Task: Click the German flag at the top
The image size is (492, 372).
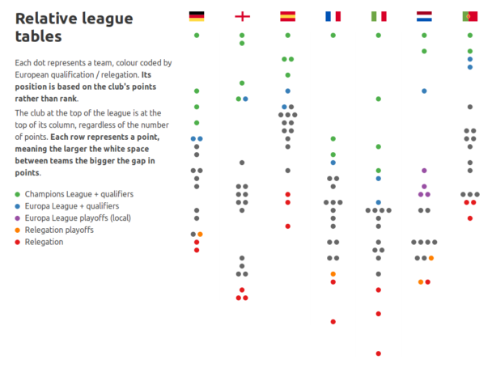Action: point(197,15)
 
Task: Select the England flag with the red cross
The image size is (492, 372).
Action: point(242,15)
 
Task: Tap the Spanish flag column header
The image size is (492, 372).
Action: point(287,15)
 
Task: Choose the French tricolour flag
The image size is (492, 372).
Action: point(333,15)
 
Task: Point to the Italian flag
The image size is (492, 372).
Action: point(378,15)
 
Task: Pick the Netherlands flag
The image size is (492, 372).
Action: point(424,15)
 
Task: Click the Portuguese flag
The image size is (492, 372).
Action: point(469,15)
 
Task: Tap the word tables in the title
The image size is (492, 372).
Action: point(38,36)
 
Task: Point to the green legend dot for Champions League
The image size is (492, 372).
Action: point(18,194)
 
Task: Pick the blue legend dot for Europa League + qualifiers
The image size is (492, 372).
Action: point(18,206)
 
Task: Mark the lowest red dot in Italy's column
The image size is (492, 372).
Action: point(378,353)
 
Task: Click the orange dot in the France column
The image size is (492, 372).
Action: point(333,274)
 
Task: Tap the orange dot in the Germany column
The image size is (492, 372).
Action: point(200,235)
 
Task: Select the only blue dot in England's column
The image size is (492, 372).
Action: point(245,99)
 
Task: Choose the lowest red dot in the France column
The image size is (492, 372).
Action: point(333,322)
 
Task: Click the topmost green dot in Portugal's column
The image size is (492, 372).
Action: point(469,36)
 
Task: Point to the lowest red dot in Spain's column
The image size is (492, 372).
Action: point(287,226)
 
